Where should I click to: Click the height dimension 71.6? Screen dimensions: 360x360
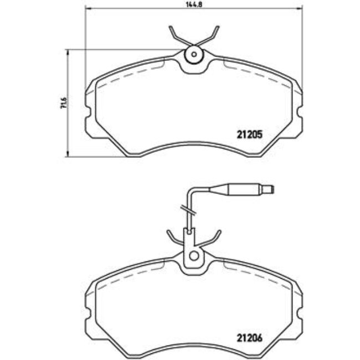click(63, 103)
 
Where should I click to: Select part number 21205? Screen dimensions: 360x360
click(249, 133)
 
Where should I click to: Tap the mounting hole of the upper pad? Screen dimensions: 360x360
click(194, 54)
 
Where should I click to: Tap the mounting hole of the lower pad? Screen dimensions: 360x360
click(194, 256)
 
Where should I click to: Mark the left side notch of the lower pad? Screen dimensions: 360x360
click(89, 313)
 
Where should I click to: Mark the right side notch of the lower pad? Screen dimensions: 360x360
click(299, 313)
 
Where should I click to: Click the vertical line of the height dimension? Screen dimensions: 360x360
click(68, 103)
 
